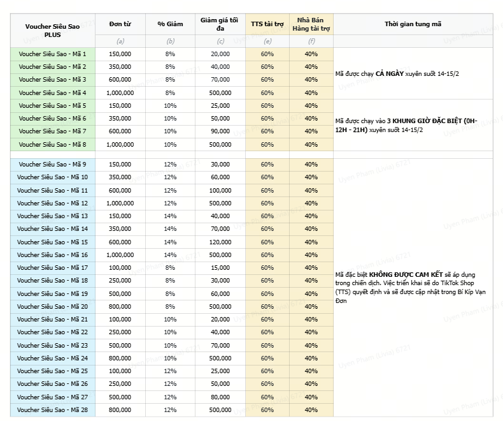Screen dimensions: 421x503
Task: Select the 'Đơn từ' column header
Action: (x=120, y=24)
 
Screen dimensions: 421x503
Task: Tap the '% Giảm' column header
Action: (x=170, y=24)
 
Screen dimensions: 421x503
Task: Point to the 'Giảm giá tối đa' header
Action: (x=220, y=24)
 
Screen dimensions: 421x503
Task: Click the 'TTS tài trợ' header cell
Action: (x=267, y=24)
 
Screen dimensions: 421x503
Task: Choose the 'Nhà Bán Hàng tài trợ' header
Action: (x=311, y=24)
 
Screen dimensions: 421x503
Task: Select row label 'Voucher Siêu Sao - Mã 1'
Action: (x=52, y=54)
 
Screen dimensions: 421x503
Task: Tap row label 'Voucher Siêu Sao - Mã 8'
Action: (x=52, y=144)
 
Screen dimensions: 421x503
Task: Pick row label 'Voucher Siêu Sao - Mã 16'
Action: (x=52, y=255)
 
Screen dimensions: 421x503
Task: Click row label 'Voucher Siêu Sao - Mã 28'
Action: (x=52, y=410)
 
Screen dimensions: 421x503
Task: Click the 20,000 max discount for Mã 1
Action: (x=220, y=54)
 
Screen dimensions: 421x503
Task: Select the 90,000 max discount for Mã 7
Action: (x=220, y=131)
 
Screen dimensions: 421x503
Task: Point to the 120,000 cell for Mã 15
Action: (x=220, y=242)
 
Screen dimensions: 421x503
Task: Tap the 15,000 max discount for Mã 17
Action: (x=220, y=267)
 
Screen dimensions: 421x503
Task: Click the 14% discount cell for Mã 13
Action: (x=170, y=216)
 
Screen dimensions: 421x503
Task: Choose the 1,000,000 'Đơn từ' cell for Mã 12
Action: (x=120, y=203)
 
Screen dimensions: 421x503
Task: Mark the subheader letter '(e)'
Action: (x=267, y=41)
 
